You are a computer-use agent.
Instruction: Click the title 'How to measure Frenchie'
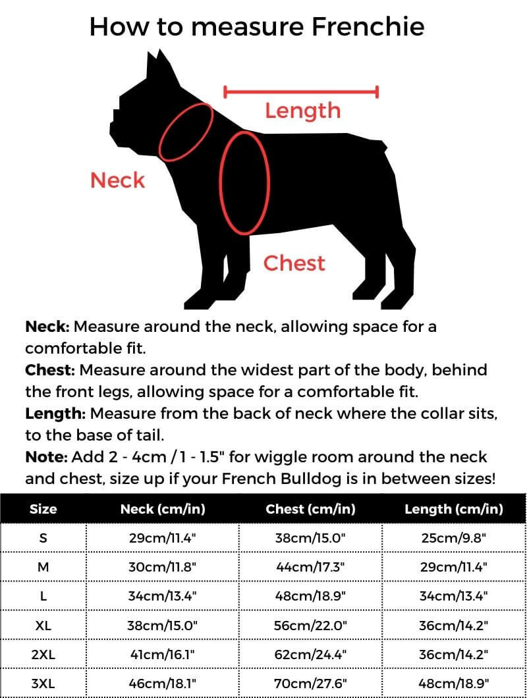pyautogui.click(x=257, y=27)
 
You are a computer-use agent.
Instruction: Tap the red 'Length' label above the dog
pyautogui.click(x=302, y=110)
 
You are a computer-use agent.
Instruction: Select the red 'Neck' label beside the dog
pyautogui.click(x=117, y=180)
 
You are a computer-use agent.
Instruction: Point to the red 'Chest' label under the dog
pyautogui.click(x=294, y=263)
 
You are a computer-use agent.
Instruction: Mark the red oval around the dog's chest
pyautogui.click(x=244, y=182)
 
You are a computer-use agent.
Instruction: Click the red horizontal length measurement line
pyautogui.click(x=301, y=92)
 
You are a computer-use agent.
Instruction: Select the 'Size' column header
pyautogui.click(x=43, y=509)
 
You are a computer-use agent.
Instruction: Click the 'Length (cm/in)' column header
pyautogui.click(x=453, y=509)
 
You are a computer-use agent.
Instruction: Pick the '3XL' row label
pyautogui.click(x=43, y=684)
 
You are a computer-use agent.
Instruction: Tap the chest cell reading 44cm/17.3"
pyautogui.click(x=310, y=567)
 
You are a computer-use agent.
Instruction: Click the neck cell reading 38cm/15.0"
pyautogui.click(x=162, y=626)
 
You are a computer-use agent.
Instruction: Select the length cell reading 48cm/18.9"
pyautogui.click(x=453, y=684)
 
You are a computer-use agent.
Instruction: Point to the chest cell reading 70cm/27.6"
pyautogui.click(x=310, y=684)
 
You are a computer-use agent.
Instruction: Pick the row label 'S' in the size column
pyautogui.click(x=43, y=538)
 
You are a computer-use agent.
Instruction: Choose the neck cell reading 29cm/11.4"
pyautogui.click(x=162, y=538)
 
